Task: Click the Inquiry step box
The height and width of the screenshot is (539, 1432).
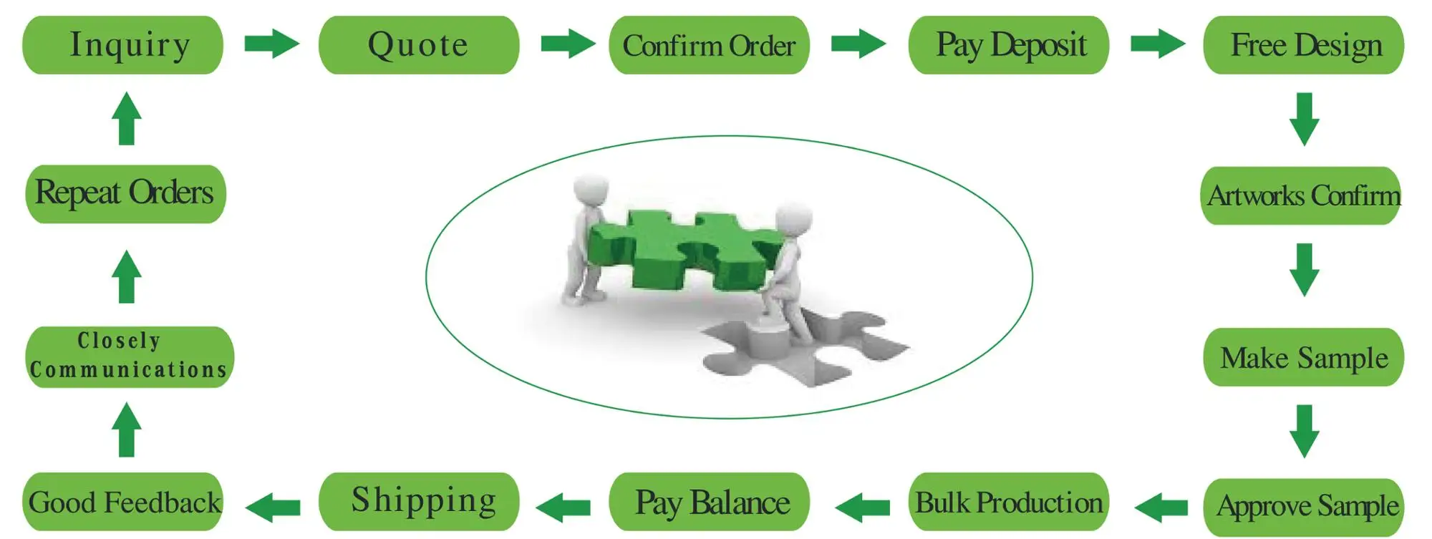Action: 123,45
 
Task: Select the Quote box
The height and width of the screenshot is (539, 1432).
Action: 419,45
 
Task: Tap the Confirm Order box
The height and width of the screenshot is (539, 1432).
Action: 709,45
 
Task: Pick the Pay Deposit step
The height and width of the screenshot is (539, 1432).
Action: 1009,45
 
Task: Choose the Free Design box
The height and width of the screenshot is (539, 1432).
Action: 1304,45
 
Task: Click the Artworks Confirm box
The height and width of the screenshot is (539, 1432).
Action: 1301,195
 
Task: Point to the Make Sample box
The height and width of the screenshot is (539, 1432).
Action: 1304,357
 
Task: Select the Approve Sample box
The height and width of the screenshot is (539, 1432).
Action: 1304,506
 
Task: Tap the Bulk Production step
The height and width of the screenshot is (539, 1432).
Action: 1009,502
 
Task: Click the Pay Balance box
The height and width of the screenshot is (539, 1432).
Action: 709,502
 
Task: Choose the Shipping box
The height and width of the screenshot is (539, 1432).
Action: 419,500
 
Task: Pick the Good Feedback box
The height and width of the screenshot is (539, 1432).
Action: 123,502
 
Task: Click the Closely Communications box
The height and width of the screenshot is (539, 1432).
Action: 130,356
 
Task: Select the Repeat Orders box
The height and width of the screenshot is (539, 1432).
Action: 125,193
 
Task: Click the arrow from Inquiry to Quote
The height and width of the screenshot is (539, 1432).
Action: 271,44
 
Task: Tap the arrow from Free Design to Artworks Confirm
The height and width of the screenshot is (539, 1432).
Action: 1305,119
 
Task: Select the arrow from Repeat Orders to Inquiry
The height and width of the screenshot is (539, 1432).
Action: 127,119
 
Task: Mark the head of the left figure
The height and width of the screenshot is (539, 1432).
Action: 591,190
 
